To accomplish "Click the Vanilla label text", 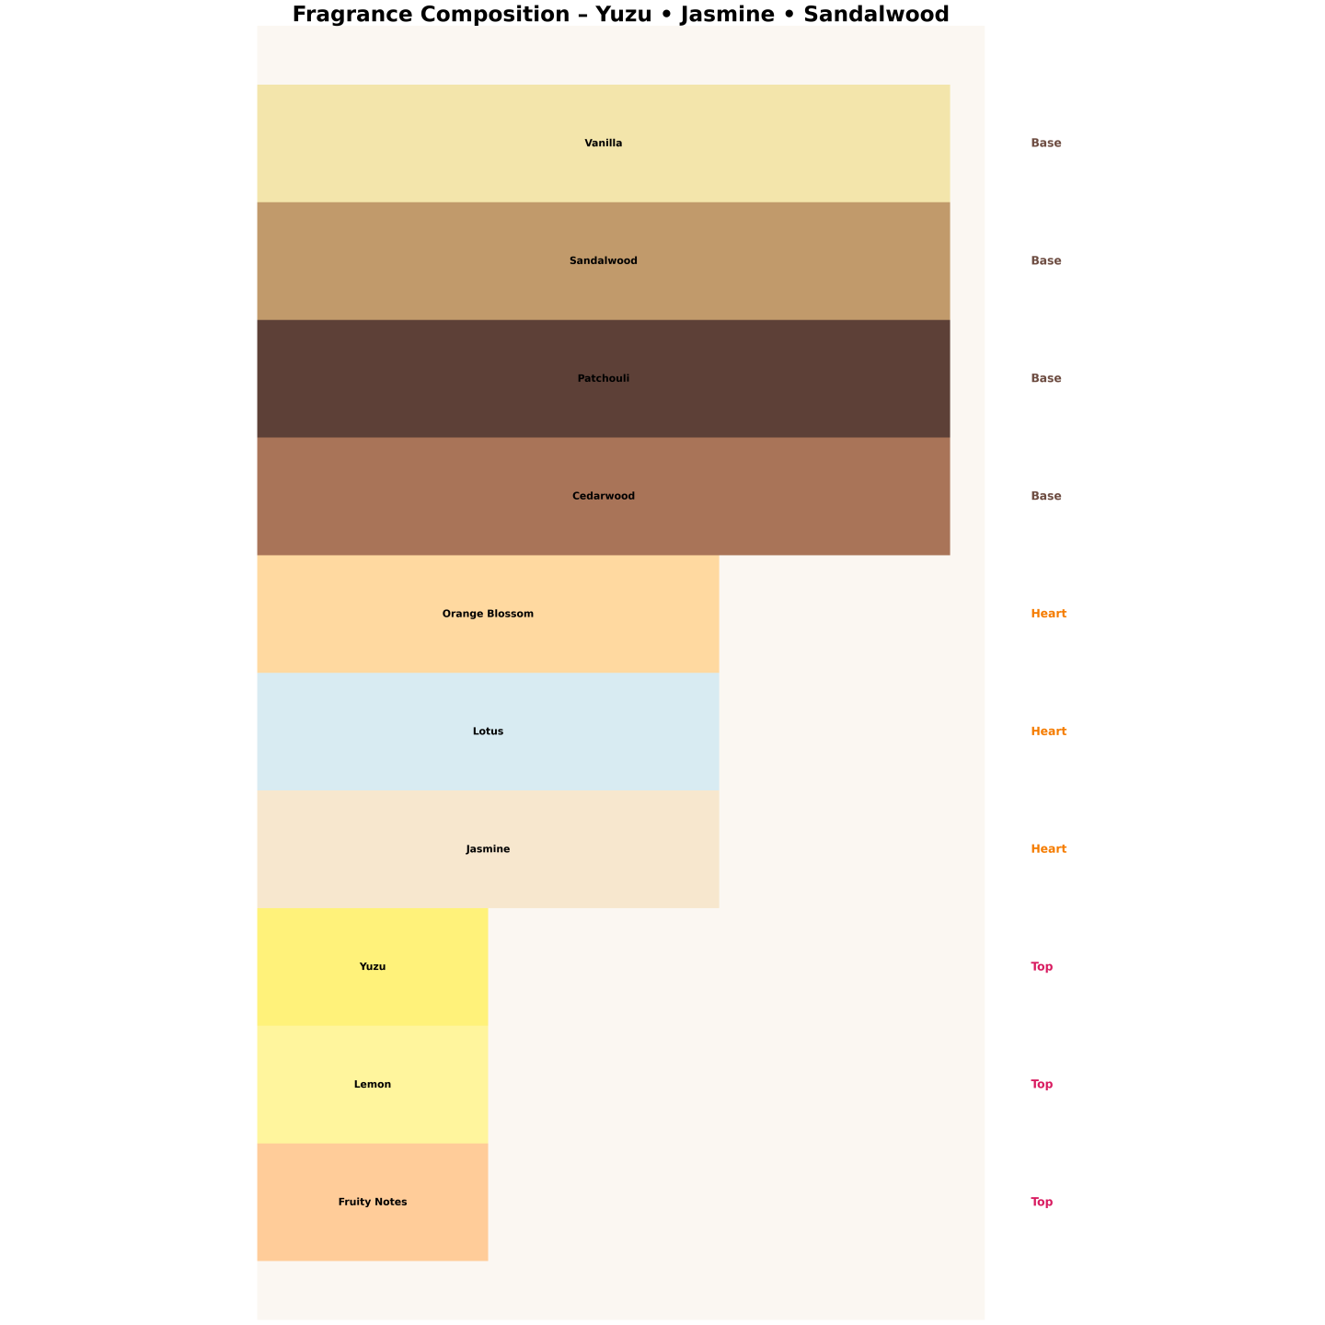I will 604,144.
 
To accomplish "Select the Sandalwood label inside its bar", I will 604,261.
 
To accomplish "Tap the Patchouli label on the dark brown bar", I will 604,379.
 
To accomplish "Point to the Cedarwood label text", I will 604,497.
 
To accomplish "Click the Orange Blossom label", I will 488,614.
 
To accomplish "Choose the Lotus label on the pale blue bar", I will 488,732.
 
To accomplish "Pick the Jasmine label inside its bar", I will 488,849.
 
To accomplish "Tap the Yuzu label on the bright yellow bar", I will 373,967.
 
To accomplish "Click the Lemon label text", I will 373,1085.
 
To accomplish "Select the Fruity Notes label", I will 373,1203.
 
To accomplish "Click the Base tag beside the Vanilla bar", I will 1046,144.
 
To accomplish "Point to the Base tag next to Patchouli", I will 1046,379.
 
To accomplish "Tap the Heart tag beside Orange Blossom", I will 1049,614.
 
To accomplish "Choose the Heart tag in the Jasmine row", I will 1049,849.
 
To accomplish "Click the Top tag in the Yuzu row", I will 1042,967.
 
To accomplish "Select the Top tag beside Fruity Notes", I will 1042,1203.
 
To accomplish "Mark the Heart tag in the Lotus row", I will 1049,732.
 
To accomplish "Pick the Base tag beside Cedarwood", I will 1046,497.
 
